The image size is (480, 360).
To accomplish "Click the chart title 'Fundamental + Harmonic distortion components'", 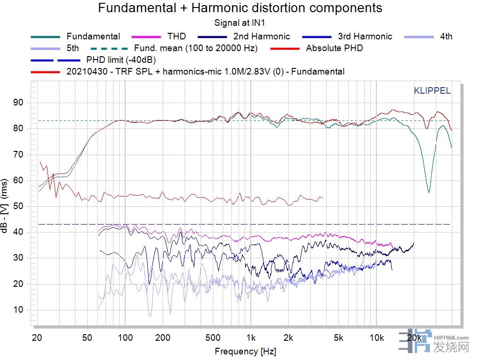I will pos(240,8).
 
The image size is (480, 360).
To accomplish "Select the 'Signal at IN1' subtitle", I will pos(240,22).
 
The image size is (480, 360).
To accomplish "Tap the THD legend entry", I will pos(176,36).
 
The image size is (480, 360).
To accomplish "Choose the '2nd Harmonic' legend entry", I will pos(262,36).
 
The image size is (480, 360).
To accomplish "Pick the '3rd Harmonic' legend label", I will pos(365,36).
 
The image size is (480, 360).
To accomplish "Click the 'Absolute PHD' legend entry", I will pos(334,48).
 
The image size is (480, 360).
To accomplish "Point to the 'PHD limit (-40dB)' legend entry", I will pos(121,60).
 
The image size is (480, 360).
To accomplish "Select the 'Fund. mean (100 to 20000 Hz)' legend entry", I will pos(202,48).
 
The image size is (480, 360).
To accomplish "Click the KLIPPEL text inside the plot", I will pos(432,91).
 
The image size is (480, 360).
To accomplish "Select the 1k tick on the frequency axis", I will pos(251,337).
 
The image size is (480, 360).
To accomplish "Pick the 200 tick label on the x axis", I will pos(163,337).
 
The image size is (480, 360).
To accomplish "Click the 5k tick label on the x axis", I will pos(338,337).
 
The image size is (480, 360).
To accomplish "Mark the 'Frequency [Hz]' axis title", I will pos(245,351).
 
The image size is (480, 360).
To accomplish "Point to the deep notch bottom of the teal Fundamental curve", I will pos(428,192).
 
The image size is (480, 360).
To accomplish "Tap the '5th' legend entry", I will pos(73,48).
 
